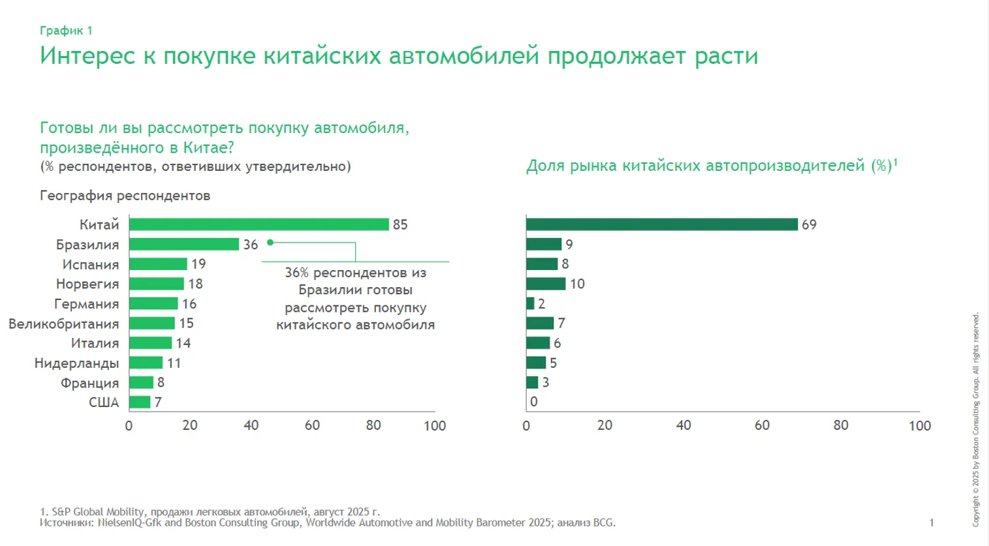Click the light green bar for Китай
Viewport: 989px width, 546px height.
(259, 224)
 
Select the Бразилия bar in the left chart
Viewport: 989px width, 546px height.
(184, 245)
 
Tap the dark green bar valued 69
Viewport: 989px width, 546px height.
(662, 224)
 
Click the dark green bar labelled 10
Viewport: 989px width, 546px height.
(546, 284)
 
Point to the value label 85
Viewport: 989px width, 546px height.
(400, 225)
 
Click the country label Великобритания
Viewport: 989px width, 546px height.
(64, 324)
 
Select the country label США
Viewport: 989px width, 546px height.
(104, 402)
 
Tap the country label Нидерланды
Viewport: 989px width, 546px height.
(76, 363)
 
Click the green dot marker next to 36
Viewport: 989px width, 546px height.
(270, 243)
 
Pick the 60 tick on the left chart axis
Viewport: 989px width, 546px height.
(312, 425)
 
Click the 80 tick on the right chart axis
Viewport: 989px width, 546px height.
(841, 425)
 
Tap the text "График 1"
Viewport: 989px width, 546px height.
(66, 31)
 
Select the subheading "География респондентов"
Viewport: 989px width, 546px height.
(125, 196)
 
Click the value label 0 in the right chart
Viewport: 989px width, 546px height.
(534, 402)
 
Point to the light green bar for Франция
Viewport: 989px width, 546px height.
(141, 383)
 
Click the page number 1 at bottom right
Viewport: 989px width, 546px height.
(932, 523)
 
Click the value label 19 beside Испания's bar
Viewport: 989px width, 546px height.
(198, 264)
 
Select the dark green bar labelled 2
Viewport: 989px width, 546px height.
(530, 303)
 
